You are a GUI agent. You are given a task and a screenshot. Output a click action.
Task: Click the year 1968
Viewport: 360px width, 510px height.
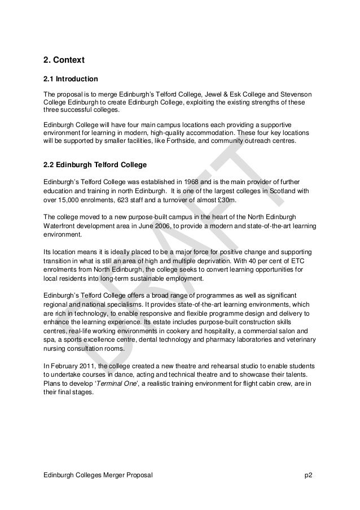tap(196, 182)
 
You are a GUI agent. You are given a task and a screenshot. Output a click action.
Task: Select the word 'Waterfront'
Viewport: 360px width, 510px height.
tap(61, 226)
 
